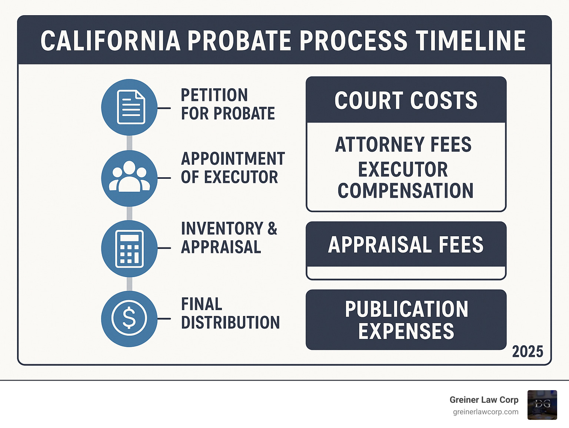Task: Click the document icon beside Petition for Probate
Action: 130,107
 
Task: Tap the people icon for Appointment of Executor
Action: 130,178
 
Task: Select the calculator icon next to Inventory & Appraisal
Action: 130,248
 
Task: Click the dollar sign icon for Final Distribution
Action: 130,319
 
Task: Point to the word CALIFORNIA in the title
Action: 110,41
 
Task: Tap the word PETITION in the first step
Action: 214,95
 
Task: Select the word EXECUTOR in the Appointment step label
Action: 241,177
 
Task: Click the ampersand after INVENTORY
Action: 272,228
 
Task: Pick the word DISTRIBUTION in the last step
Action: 230,323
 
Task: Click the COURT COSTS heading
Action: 406,100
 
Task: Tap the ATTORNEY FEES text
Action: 403,145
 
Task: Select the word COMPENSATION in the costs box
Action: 406,191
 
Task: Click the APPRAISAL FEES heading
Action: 406,245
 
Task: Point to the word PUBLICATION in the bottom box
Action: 406,309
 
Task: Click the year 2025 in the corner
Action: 528,352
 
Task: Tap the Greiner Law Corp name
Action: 484,400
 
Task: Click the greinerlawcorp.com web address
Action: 486,412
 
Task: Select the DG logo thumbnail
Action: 542,405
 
